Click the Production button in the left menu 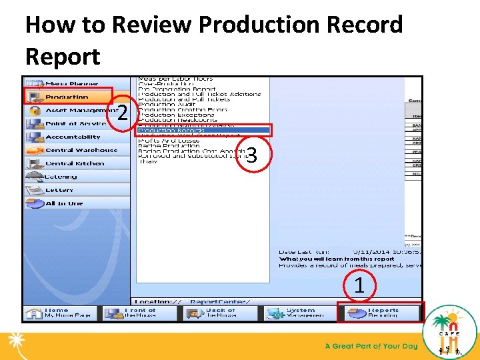(x=67, y=97)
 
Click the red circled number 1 (x=359, y=285)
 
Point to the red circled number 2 (x=121, y=113)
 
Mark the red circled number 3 (x=251, y=155)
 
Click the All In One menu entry (x=63, y=203)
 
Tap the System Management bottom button (x=297, y=312)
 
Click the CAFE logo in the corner (x=449, y=331)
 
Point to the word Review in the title (x=152, y=25)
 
